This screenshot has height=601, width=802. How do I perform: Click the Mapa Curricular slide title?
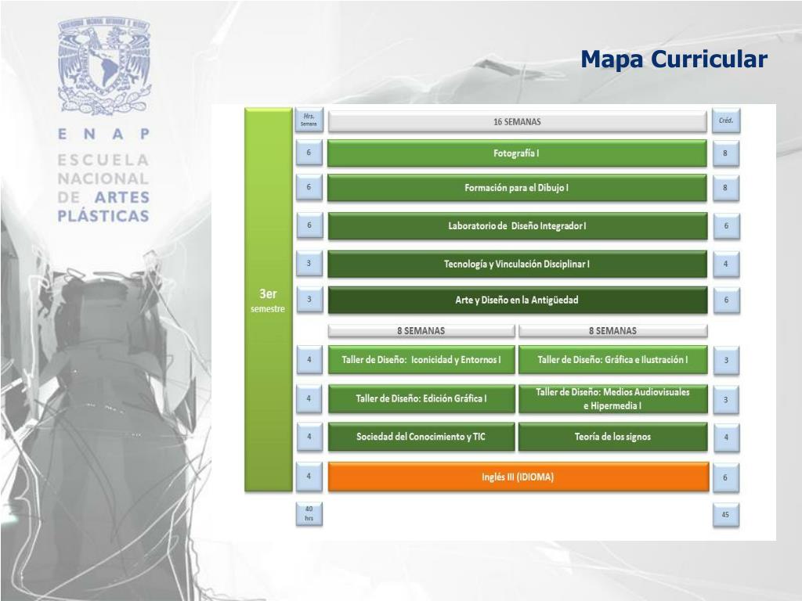[674, 59]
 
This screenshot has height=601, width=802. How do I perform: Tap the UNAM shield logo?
[103, 66]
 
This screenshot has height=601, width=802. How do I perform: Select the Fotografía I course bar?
[517, 153]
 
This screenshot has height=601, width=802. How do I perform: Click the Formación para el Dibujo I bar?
[517, 188]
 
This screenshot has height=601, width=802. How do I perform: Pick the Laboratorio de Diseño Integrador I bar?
[517, 226]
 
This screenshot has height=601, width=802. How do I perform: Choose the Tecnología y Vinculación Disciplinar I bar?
[517, 264]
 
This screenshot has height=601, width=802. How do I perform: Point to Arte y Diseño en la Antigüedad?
[517, 300]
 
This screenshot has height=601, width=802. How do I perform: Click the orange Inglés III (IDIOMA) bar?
[518, 477]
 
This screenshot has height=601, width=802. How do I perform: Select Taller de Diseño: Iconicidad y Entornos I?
[421, 360]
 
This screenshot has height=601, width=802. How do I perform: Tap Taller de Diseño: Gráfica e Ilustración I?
[612, 360]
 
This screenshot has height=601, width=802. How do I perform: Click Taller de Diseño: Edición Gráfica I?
[421, 398]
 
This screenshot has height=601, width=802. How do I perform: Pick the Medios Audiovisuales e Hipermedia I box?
[612, 398]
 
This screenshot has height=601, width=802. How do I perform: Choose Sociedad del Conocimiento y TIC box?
[421, 437]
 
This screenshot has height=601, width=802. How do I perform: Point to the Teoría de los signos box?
[612, 437]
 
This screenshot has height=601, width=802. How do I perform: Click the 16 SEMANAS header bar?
[517, 122]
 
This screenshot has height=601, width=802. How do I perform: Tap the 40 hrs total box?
[309, 514]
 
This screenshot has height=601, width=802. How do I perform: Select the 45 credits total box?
[725, 515]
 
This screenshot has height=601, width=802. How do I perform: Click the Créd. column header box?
[725, 121]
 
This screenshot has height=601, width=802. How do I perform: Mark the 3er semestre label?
[268, 300]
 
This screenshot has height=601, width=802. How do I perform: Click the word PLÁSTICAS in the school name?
[103, 216]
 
